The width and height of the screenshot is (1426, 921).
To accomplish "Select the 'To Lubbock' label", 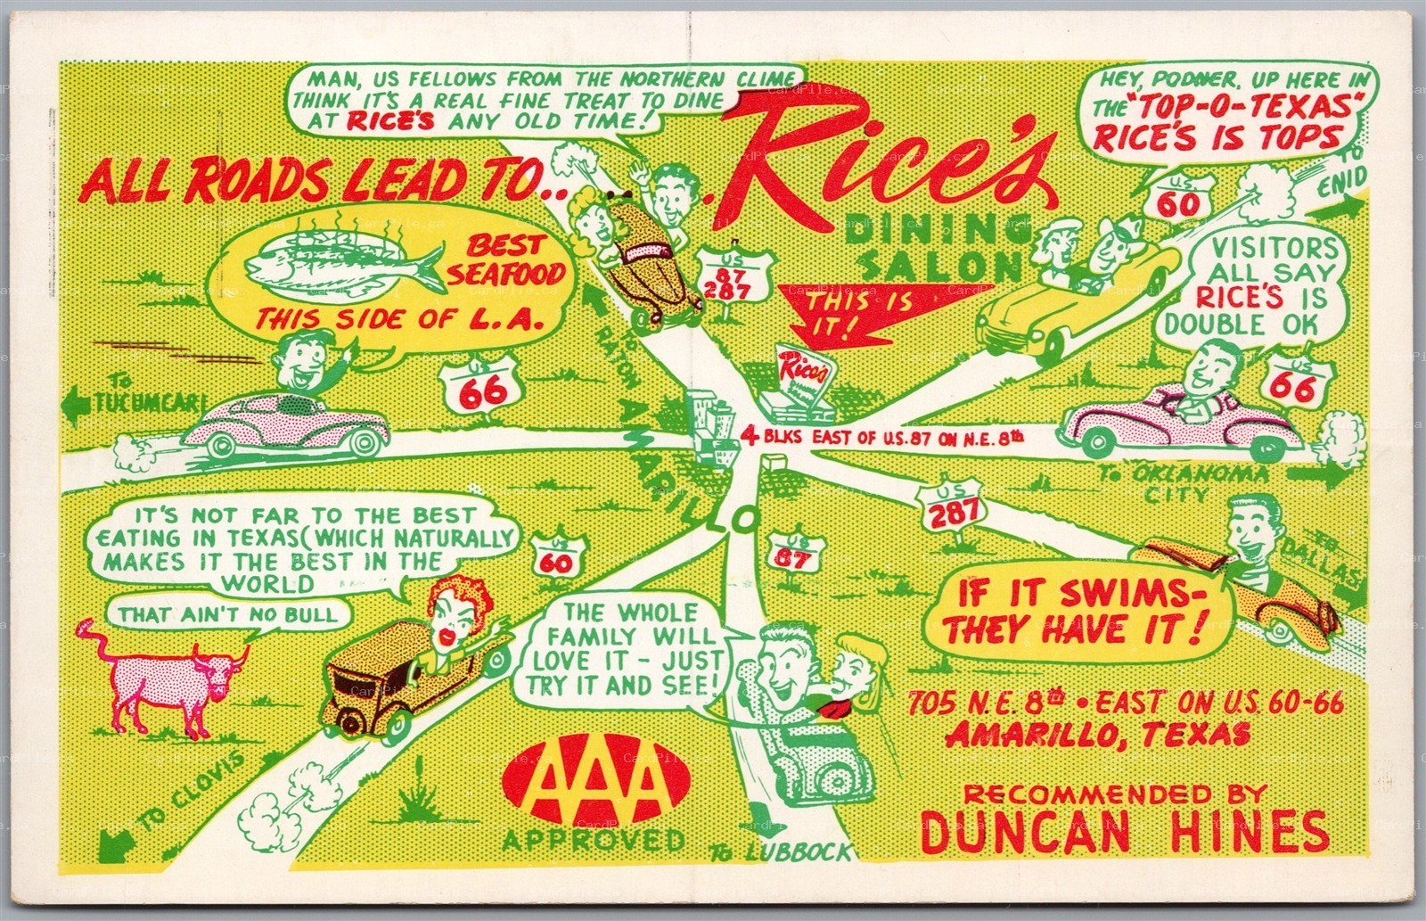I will click(782, 853).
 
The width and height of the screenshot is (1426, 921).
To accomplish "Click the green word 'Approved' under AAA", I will click(594, 840).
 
